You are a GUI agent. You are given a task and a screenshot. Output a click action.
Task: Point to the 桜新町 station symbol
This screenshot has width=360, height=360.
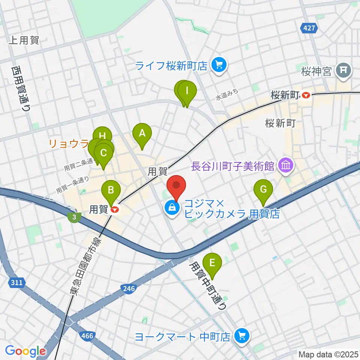click(x=306, y=95)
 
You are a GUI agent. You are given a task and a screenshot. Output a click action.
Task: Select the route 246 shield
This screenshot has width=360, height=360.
click(x=128, y=288)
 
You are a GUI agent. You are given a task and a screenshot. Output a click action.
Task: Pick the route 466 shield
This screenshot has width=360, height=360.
click(x=87, y=336)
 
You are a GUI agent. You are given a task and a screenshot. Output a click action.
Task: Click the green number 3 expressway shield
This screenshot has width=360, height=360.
click(x=74, y=217)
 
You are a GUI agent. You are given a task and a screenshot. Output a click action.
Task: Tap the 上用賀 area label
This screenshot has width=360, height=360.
click(x=24, y=40)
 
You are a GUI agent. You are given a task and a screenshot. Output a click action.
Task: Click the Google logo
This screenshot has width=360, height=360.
click(x=25, y=351)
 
